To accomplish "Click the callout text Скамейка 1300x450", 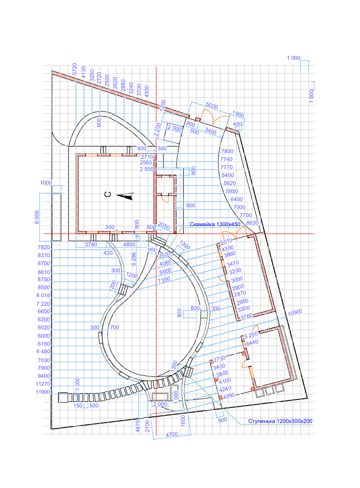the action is coord(215,224).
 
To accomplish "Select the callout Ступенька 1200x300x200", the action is coord(280,421).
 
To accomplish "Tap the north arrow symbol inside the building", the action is coord(126,196).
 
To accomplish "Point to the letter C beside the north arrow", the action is coord(108,195).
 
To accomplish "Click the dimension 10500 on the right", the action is coord(295,312).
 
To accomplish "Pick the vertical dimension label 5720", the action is coord(75,68).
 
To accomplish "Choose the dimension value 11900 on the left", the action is coord(43,392).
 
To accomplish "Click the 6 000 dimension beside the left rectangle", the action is coord(37,217).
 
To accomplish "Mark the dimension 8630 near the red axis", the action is coord(252,223).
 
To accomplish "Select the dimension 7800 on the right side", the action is coord(227,151).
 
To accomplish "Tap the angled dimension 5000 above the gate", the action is coord(212,106).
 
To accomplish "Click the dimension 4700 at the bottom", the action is coord(172,434).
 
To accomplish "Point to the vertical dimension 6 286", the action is coord(134,259).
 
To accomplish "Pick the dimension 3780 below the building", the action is coord(91,244).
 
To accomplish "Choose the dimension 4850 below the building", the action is coord(129,244).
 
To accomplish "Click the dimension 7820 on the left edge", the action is coord(43,247).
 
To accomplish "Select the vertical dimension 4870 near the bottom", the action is coord(138,426).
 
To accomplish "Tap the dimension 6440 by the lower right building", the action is coord(252,342).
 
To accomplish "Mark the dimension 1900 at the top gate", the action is coord(238,114).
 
